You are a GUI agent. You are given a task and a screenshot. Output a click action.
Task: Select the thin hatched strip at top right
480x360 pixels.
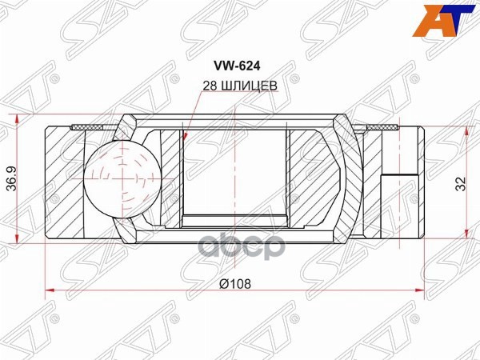coord(382,127)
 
